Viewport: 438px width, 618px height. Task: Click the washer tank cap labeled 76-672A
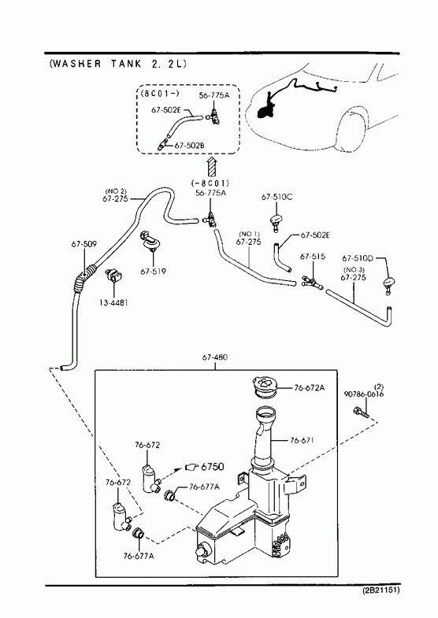[x=265, y=387]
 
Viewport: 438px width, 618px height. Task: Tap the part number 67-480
[x=215, y=357]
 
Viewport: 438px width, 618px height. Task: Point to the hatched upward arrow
[x=212, y=166]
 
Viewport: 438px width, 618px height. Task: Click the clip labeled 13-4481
[x=113, y=275]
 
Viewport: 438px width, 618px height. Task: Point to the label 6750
[x=213, y=467]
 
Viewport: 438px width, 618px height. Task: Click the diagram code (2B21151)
[x=381, y=590]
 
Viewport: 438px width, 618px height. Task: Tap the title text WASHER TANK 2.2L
[x=118, y=64]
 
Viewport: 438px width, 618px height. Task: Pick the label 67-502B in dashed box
[x=189, y=146]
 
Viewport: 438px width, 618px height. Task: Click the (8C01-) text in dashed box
[x=160, y=94]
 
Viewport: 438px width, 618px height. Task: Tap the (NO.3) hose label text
[x=353, y=269]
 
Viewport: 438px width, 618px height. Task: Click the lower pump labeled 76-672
[x=121, y=516]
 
